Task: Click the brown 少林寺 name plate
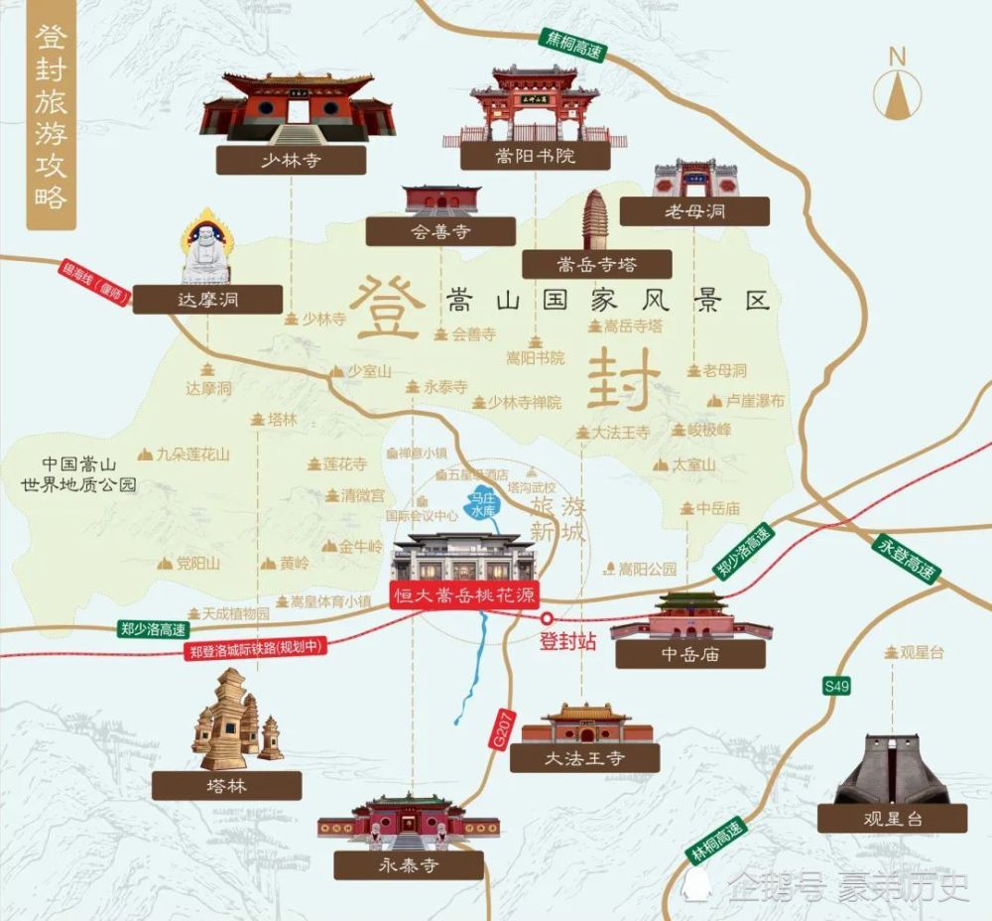click(x=292, y=160)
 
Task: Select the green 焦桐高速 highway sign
click(x=571, y=45)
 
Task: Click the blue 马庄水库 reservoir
click(x=484, y=504)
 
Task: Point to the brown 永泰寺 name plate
click(x=409, y=865)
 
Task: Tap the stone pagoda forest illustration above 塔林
click(x=234, y=722)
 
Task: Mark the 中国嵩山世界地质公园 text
click(x=79, y=474)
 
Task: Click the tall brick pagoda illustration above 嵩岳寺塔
click(x=596, y=219)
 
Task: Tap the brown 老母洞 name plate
click(x=694, y=210)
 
